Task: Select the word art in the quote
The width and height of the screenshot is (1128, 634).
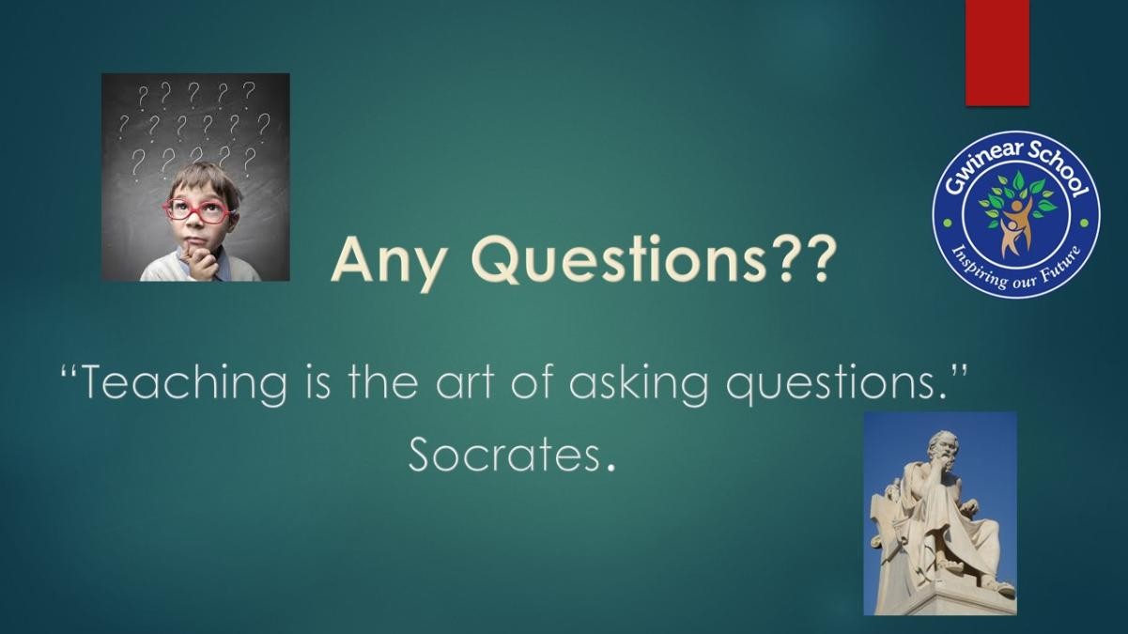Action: [x=465, y=384]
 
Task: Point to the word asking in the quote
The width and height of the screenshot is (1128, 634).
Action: [x=639, y=385]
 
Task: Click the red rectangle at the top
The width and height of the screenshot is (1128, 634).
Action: [x=997, y=53]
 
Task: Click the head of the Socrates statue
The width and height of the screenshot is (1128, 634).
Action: [x=943, y=449]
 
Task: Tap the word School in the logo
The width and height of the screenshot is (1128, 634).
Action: [x=1057, y=170]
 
